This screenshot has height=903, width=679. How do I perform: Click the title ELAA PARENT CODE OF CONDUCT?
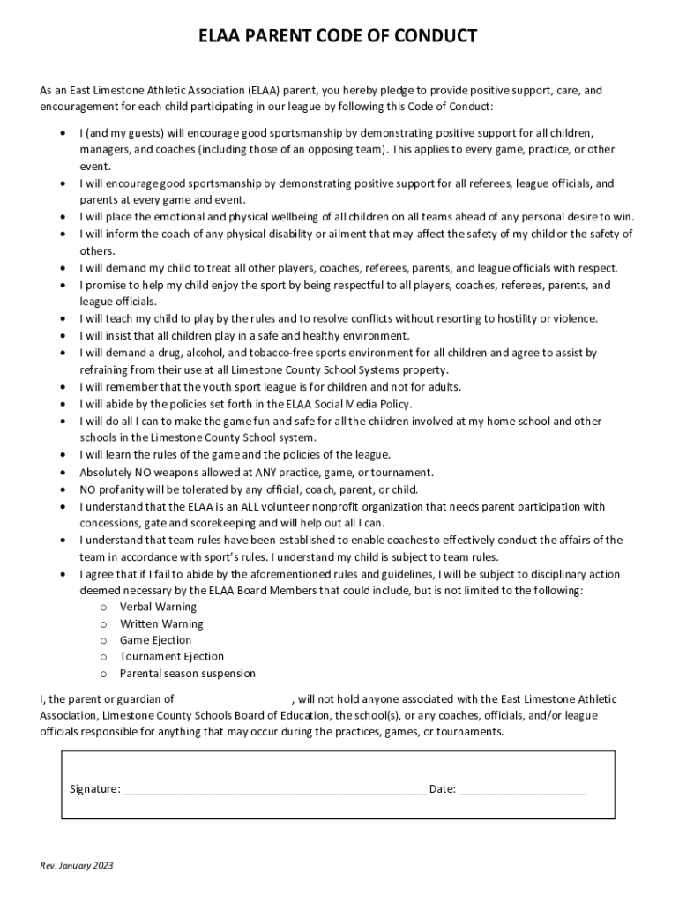coord(339,36)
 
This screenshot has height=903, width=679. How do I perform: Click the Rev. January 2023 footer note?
coord(77,865)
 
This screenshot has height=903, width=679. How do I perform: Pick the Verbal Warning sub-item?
coord(158,607)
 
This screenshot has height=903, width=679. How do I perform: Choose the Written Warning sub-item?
coord(161,623)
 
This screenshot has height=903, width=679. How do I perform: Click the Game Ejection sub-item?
coord(155,640)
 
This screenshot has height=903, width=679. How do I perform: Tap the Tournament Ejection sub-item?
coord(172,657)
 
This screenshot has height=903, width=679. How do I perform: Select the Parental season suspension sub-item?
coord(188,674)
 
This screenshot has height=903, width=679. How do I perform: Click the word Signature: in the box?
coord(95,789)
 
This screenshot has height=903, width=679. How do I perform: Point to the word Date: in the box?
coord(442,789)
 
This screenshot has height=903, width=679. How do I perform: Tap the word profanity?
coord(127,489)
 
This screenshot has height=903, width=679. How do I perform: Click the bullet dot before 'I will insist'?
coord(62,336)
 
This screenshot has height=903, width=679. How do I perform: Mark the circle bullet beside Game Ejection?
coord(103,641)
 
